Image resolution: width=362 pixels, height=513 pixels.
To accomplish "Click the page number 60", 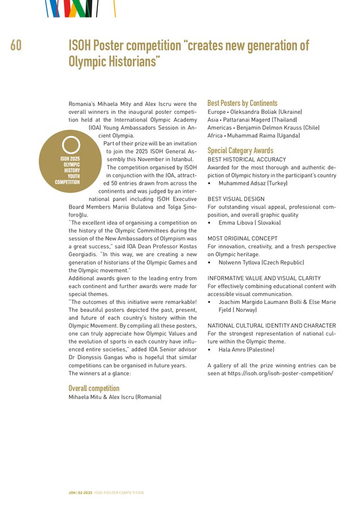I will click(16, 45).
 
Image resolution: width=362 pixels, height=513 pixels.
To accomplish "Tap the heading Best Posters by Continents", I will click(242, 103).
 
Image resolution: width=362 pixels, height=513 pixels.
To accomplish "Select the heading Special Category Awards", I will click(240, 150).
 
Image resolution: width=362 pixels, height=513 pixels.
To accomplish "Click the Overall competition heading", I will click(94, 388).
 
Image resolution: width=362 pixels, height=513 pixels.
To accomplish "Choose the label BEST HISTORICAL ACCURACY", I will click(247, 160).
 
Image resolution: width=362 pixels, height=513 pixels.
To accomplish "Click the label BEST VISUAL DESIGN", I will click(236, 200).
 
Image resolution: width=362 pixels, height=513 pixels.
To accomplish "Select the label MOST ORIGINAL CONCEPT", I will click(243, 239).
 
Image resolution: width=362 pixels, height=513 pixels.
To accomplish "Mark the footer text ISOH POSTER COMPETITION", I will click(119, 493).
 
